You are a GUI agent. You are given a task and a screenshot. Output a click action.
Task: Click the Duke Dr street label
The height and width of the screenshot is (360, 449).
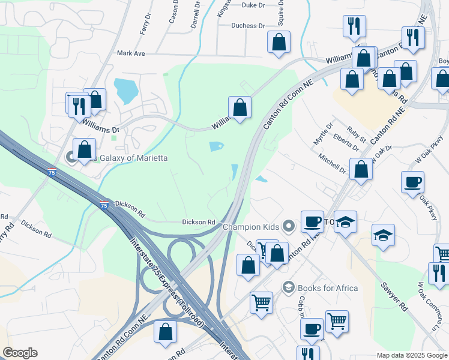pos(253,5)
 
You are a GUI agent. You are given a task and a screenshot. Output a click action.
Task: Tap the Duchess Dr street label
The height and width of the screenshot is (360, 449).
pos(249,26)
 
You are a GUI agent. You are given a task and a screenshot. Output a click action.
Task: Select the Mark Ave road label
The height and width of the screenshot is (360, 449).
pos(131,53)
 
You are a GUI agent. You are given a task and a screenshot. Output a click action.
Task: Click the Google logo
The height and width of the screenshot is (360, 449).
pos(20,353)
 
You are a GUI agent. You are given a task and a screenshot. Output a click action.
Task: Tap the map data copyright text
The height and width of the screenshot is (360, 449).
pos(411,355)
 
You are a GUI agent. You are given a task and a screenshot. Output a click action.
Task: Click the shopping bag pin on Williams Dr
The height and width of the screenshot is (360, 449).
pos(240,108)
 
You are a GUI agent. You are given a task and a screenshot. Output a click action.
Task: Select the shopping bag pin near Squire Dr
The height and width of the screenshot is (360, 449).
pos(279,43)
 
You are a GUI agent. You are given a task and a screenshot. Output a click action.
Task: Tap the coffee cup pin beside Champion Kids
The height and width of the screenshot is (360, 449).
pos(312,221)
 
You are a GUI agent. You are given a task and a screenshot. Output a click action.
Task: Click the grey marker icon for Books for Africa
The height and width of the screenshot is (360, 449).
pos(289,287)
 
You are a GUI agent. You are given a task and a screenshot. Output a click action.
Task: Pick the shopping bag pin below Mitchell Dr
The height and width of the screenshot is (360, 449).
pos(361,169)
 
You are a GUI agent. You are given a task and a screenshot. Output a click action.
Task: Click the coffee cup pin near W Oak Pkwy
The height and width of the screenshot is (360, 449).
pos(413,182)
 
